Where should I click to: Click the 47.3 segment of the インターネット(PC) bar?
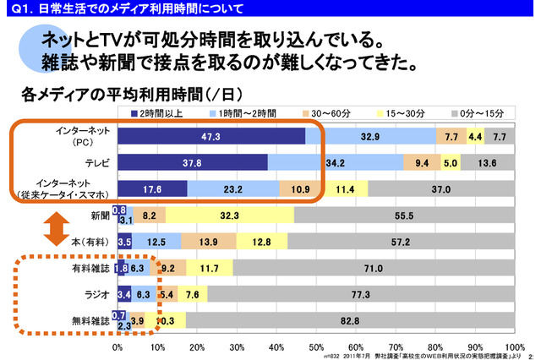coord(211,136)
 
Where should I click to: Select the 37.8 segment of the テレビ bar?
coord(193,162)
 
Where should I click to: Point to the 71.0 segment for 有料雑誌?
coord(373,269)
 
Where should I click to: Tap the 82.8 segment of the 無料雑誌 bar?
coord(349,322)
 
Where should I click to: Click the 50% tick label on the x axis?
coord(315,346)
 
